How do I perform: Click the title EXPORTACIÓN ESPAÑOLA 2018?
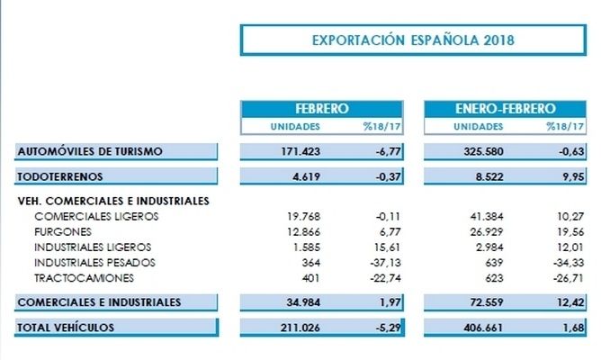coord(413,40)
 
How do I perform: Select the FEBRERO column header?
coord(320,107)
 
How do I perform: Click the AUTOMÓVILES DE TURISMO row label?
coord(89,151)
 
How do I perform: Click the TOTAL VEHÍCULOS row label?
coord(66,328)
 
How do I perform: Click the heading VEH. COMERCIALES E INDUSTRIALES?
coord(112,201)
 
